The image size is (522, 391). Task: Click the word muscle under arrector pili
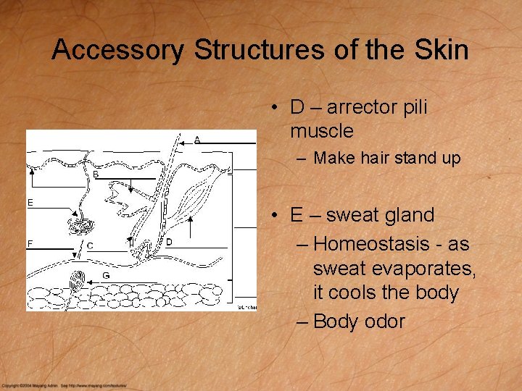click(322, 132)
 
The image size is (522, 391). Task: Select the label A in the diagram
click(197, 140)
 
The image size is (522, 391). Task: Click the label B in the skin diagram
click(96, 175)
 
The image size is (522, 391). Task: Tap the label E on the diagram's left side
click(30, 203)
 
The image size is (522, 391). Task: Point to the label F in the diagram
click(30, 244)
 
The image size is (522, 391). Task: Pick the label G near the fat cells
click(106, 275)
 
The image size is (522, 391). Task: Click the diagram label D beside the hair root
click(169, 242)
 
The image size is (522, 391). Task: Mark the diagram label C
click(89, 245)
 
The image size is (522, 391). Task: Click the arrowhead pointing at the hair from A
click(181, 143)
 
